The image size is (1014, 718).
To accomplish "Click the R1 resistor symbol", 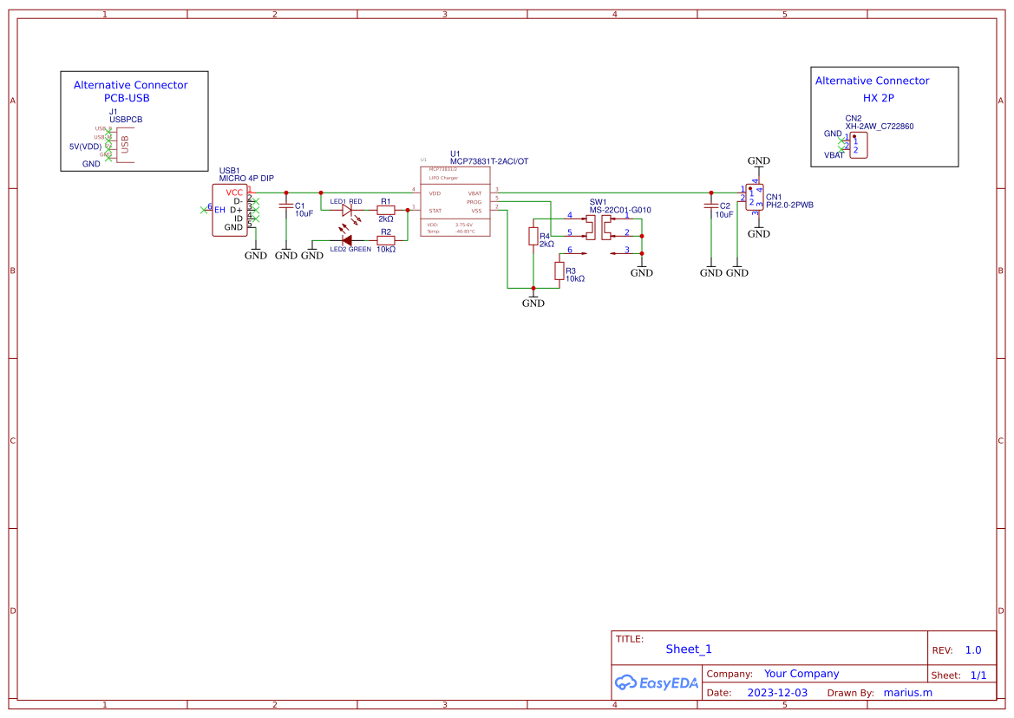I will pyautogui.click(x=386, y=210).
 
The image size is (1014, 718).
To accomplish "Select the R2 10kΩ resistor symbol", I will pyautogui.click(x=386, y=240).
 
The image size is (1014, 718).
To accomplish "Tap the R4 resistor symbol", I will pyautogui.click(x=533, y=237).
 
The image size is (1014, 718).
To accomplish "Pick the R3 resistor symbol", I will pyautogui.click(x=559, y=271).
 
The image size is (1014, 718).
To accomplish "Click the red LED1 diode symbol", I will pyautogui.click(x=349, y=210).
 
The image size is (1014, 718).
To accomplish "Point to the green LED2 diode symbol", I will pyautogui.click(x=347, y=240).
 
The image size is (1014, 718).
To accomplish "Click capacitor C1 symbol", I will pyautogui.click(x=286, y=206).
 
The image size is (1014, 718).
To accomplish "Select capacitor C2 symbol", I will pyautogui.click(x=710, y=206).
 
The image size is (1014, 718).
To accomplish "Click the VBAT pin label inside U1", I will pyautogui.click(x=474, y=193).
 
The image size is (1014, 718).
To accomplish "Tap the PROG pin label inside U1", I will pyautogui.click(x=474, y=202).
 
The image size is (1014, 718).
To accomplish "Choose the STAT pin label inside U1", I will pyautogui.click(x=435, y=211).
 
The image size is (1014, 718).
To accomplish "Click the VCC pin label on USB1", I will pyautogui.click(x=234, y=192).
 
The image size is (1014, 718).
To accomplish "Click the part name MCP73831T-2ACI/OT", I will pyautogui.click(x=488, y=161).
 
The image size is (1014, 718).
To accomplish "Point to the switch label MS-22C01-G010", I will pyautogui.click(x=619, y=210).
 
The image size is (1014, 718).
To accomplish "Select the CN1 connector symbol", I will pyautogui.click(x=755, y=197).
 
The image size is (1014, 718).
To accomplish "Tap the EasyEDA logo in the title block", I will pyautogui.click(x=656, y=682).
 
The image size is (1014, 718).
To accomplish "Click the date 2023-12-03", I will pyautogui.click(x=777, y=693).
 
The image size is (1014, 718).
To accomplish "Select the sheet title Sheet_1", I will pyautogui.click(x=689, y=649).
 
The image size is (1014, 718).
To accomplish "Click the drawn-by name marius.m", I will pyautogui.click(x=907, y=693).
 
